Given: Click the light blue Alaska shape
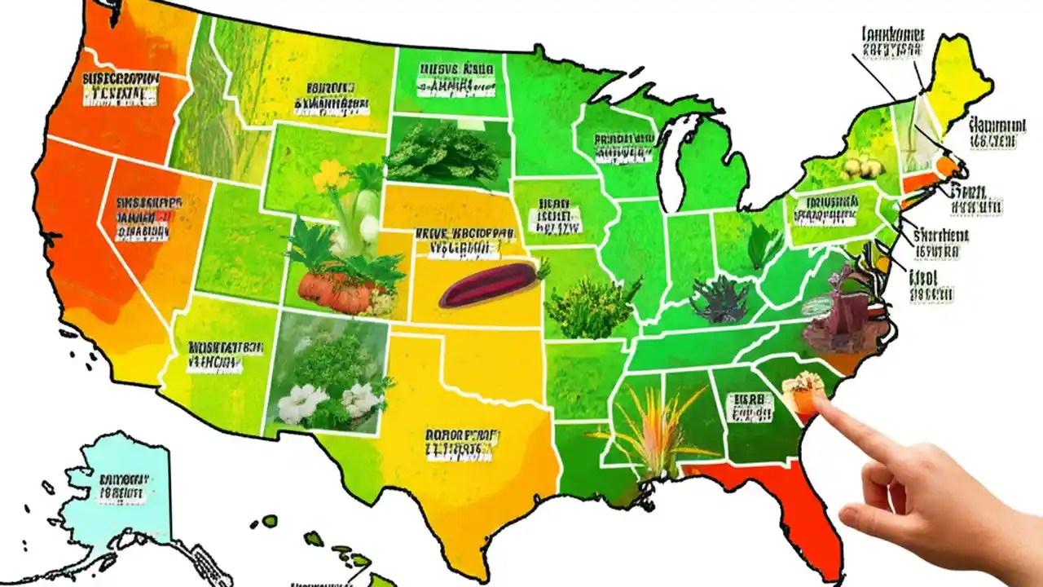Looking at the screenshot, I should [x=122, y=497].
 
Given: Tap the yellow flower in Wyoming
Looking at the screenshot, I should [x=329, y=173].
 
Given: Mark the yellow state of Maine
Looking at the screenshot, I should [x=962, y=82].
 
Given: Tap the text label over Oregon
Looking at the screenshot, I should [x=121, y=88].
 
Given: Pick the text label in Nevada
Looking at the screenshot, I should [x=147, y=218].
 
